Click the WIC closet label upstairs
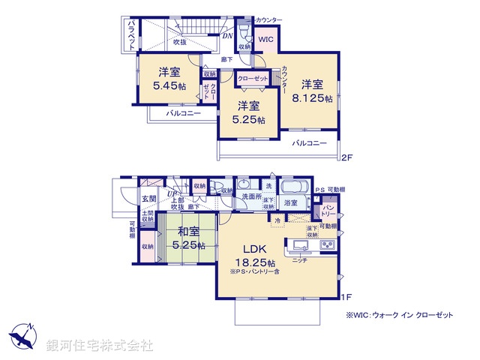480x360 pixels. pos(267,40)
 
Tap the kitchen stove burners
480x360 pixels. pos(329,245)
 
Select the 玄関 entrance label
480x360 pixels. pos(148,199)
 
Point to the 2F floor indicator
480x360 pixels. pos(346,157)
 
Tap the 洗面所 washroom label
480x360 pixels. pos(250,196)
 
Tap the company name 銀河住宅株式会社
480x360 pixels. pos(100,345)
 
